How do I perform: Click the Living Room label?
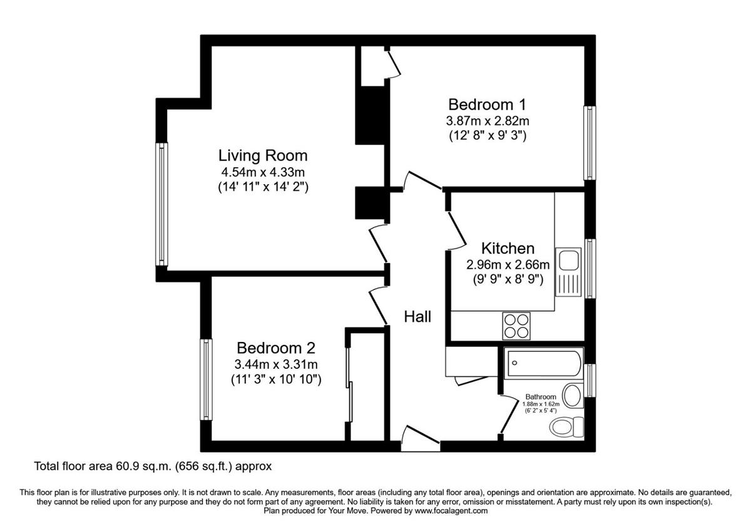[263, 155]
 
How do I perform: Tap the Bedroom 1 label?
[488, 104]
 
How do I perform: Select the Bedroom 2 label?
[275, 348]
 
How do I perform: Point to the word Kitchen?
[508, 248]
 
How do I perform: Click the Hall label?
[417, 317]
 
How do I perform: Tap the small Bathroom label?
[540, 397]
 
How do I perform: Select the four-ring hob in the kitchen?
[516, 326]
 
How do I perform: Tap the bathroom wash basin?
[571, 396]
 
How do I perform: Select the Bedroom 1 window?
[589, 143]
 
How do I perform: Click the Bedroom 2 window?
[205, 379]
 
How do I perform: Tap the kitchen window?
[590, 267]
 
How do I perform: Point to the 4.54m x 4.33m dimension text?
[263, 172]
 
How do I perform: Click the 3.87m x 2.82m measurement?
[488, 121]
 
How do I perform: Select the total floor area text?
[153, 467]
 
